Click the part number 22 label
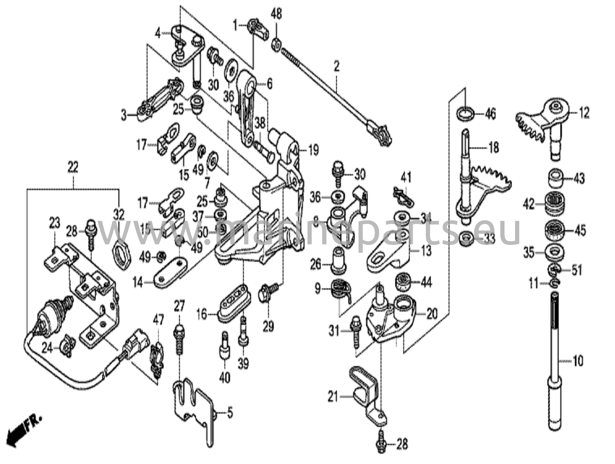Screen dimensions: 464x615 coord(73,167)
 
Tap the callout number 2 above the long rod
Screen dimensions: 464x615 coord(336,66)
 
